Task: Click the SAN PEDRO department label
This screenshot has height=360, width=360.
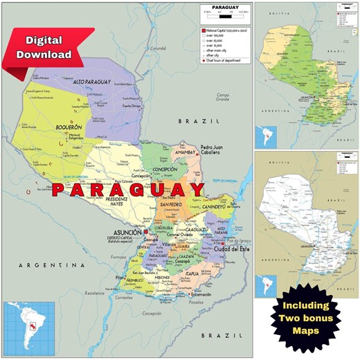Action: (x=170, y=205)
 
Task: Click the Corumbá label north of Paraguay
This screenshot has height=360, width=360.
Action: (x=158, y=48)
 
